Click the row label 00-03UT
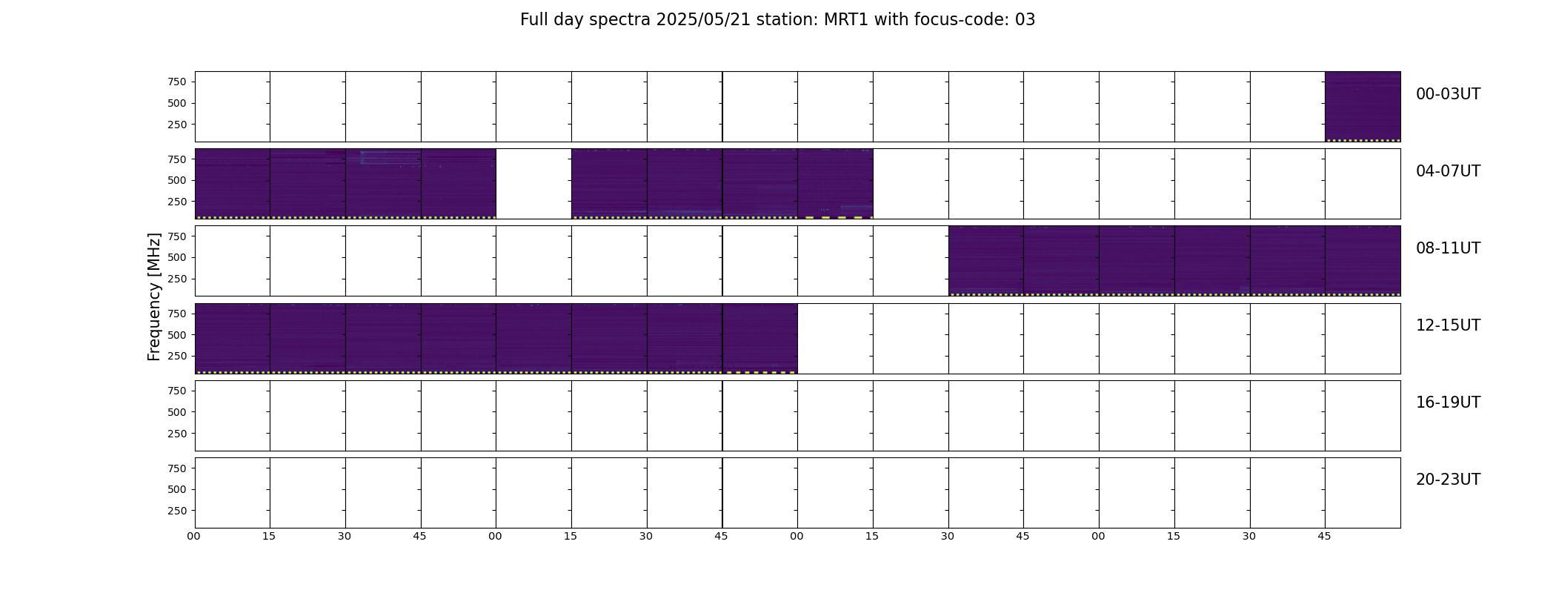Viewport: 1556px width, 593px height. click(1448, 94)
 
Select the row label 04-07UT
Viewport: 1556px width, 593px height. click(1448, 171)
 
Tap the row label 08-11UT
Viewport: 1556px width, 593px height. click(1448, 248)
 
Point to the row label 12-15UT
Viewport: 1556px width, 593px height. click(1448, 325)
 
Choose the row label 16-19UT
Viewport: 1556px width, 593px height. click(1448, 402)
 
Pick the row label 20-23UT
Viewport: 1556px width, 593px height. click(1448, 480)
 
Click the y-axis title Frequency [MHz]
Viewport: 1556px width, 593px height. click(154, 296)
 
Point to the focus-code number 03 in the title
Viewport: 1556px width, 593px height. click(1025, 20)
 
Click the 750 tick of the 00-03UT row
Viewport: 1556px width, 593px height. click(177, 82)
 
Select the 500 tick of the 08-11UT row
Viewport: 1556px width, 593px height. click(177, 258)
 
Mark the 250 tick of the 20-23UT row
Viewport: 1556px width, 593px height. click(177, 511)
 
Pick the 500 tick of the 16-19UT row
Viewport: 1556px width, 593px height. click(177, 412)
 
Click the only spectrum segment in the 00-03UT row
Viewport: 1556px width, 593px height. click(1363, 107)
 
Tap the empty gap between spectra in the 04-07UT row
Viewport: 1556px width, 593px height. click(533, 184)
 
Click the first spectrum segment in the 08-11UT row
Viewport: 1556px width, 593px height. click(986, 261)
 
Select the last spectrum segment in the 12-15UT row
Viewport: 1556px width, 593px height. click(759, 338)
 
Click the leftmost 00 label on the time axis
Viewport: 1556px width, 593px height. click(193, 536)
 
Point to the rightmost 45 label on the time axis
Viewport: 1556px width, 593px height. click(1324, 536)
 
